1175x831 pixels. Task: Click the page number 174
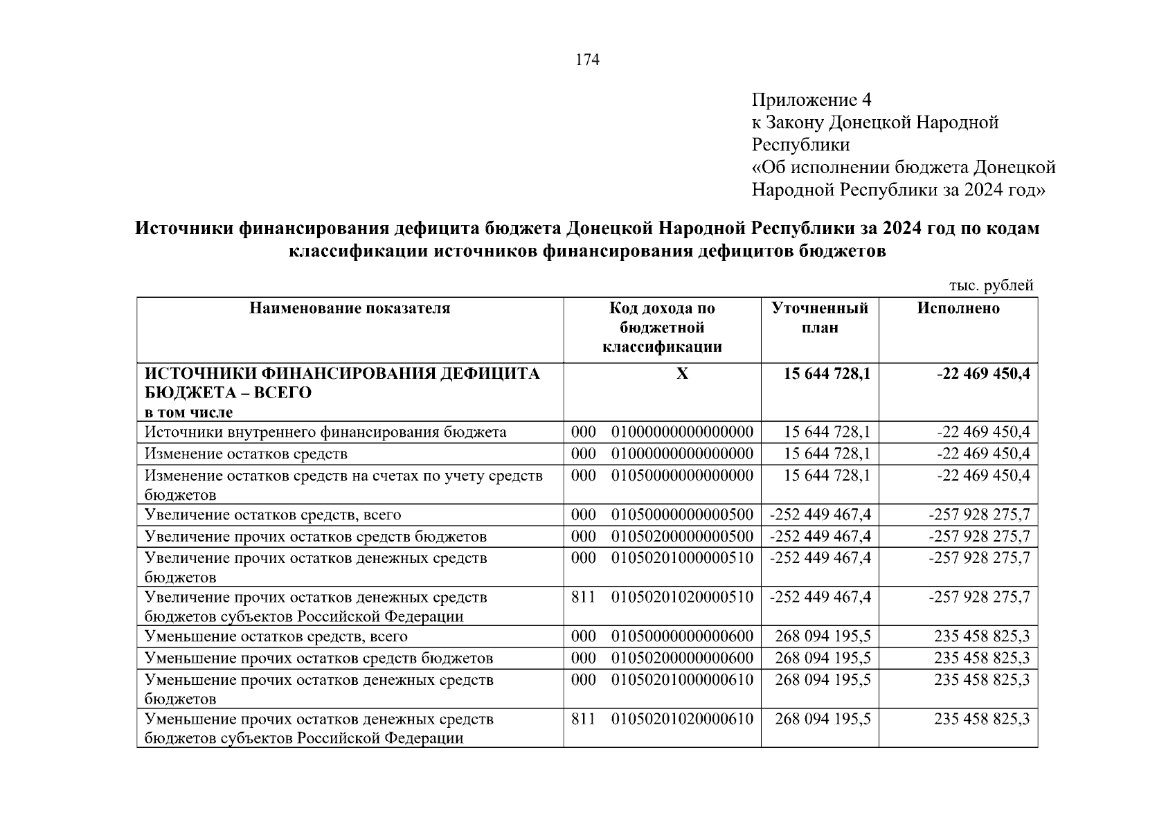(x=587, y=60)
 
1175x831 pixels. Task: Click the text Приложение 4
(x=811, y=100)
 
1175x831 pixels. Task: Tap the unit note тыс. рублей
(x=991, y=285)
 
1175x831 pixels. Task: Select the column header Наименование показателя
(x=350, y=308)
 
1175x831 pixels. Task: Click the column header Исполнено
(x=958, y=308)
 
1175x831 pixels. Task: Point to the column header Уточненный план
(x=820, y=318)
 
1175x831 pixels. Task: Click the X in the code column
(x=682, y=374)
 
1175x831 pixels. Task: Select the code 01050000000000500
(x=681, y=515)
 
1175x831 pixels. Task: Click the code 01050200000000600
(x=681, y=658)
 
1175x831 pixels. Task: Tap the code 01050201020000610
(x=681, y=720)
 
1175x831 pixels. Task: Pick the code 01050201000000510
(x=681, y=558)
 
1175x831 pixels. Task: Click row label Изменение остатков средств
(x=246, y=454)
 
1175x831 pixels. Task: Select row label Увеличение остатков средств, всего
(x=273, y=515)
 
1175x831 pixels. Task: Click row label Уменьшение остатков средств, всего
(x=276, y=636)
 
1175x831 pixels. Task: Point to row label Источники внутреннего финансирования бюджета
(x=325, y=433)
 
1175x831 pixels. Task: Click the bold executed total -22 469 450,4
(x=983, y=374)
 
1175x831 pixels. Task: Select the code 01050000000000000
(x=681, y=476)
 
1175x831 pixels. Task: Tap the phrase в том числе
(x=188, y=413)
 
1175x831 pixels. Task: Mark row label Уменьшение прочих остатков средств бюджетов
(x=319, y=658)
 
